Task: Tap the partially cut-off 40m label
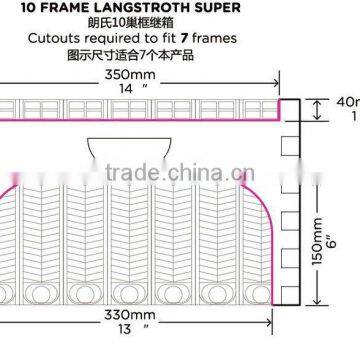point(347,101)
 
